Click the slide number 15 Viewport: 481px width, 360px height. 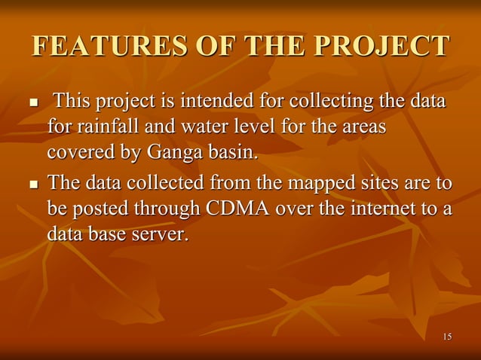pyautogui.click(x=447, y=336)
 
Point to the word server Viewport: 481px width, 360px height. pyautogui.click(x=159, y=233)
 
